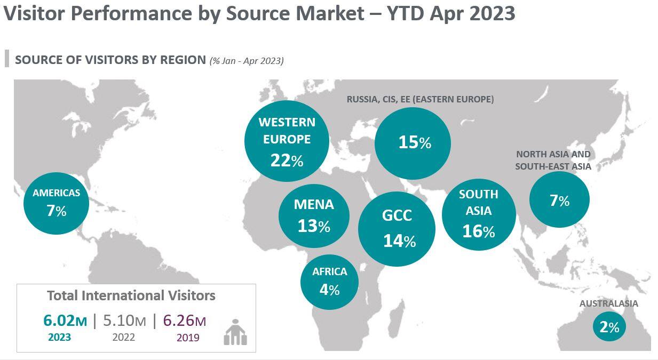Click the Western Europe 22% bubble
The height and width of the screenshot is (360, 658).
pos(287,141)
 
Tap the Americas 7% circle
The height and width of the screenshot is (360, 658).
pos(56,203)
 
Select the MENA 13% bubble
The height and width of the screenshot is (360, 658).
pos(314,216)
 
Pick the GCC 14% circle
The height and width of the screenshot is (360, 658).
pos(397,229)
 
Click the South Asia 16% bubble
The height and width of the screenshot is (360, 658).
pos(479,214)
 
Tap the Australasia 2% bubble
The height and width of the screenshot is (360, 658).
pos(609,326)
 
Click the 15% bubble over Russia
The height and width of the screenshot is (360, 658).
pos(413,143)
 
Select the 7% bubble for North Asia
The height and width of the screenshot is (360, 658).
pos(559,200)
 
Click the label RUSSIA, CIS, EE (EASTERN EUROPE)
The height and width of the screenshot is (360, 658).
pos(420,99)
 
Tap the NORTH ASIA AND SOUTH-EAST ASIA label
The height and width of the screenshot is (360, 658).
pos(553,160)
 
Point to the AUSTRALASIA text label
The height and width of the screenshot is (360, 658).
pos(608,303)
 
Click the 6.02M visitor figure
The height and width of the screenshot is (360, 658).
pos(65,321)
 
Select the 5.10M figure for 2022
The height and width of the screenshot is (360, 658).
pos(124,321)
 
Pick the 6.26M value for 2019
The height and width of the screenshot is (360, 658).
pos(184,321)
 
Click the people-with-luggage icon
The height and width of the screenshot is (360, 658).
pos(235,333)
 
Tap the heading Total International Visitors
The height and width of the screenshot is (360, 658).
pos(131,295)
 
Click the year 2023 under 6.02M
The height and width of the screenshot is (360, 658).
pos(59,338)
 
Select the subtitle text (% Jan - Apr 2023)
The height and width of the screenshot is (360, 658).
pos(247,60)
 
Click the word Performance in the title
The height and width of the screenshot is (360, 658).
pos(142,13)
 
